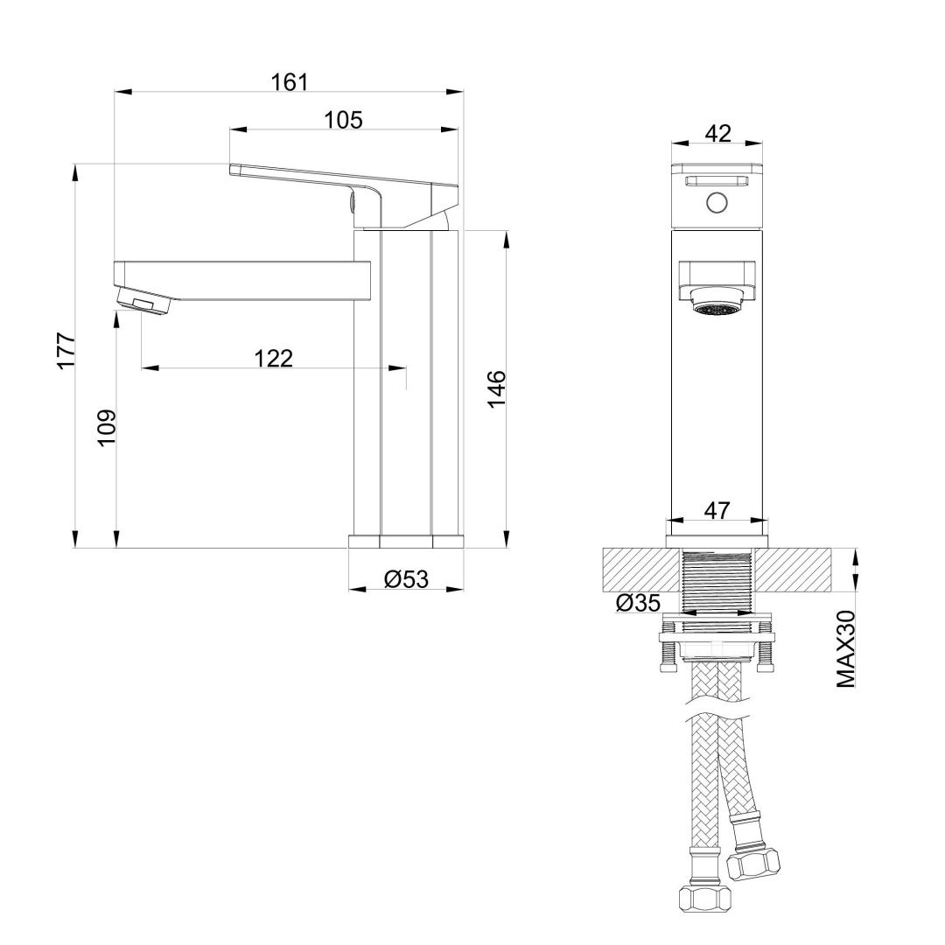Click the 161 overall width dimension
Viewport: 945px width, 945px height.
290,81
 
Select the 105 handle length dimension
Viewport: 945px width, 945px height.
343,120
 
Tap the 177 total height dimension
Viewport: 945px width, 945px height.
66,351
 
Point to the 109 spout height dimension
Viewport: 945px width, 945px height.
106,427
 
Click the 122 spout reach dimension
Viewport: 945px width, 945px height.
273,358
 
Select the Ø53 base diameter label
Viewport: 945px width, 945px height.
406,578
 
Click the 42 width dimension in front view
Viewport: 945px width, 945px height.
717,133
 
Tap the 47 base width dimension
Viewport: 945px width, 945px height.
717,511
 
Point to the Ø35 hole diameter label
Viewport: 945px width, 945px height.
637,602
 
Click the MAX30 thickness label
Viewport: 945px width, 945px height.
845,648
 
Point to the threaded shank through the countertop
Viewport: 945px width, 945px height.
717,582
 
